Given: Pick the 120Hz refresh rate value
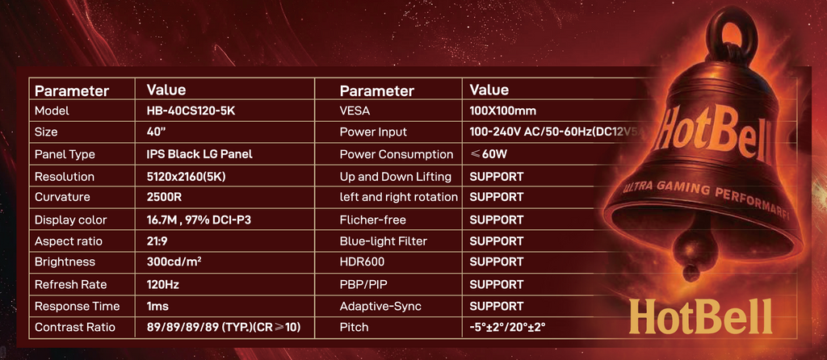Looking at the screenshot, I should coord(162,284).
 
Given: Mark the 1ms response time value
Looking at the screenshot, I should coord(157,306).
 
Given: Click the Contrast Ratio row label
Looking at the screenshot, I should coord(77,328).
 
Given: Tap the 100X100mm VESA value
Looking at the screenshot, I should coord(502,111).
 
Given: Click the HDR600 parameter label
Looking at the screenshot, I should coord(363,262).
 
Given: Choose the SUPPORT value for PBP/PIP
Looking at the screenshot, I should coord(496,284).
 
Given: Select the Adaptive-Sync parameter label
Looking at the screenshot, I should coord(380,306).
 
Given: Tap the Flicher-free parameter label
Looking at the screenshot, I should coord(372,220).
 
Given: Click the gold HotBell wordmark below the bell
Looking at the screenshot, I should coord(700,317).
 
